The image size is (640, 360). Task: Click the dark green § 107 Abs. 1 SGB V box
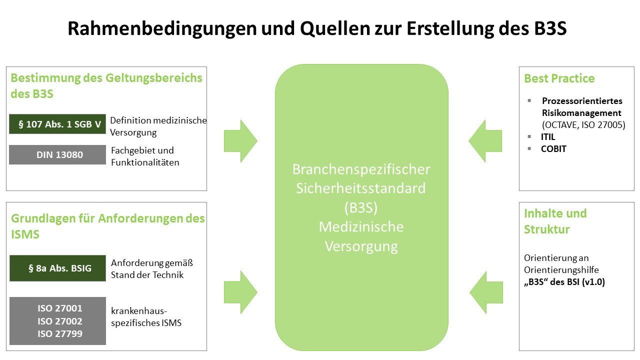click(57, 124)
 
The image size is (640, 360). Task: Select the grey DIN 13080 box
click(57, 155)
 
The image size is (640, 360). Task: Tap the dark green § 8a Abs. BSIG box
click(57, 268)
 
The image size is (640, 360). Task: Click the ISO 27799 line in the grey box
click(60, 334)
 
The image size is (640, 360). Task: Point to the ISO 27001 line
click(60, 308)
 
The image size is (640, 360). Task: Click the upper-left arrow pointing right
click(240, 141)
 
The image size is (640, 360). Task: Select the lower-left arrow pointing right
click(240, 292)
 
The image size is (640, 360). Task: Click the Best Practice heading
click(559, 78)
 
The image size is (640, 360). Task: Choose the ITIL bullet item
click(548, 136)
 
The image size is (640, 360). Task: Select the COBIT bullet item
click(553, 149)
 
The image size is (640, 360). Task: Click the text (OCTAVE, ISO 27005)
click(583, 125)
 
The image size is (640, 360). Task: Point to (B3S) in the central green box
click(361, 207)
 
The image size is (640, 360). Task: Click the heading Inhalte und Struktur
click(555, 221)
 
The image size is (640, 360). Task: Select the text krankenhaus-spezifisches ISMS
click(146, 316)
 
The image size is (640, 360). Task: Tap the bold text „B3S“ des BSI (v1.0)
click(564, 282)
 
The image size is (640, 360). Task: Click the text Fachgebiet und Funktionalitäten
click(144, 156)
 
